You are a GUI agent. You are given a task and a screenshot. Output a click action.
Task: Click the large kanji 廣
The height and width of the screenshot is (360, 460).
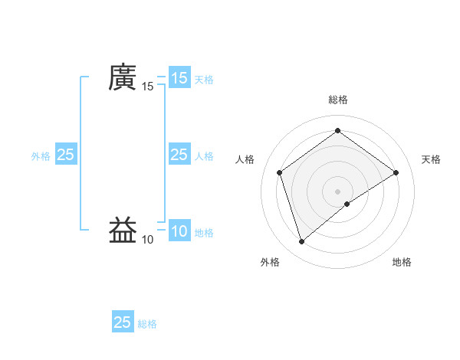[122, 77]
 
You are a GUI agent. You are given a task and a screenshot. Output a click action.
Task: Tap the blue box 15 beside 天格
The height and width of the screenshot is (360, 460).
[179, 78]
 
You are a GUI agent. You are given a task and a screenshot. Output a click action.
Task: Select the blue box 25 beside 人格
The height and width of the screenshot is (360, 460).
[179, 155]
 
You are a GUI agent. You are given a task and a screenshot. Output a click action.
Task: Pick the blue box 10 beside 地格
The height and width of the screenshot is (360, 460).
[179, 231]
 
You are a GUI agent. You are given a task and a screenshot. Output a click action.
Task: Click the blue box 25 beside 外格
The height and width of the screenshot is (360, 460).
[65, 155]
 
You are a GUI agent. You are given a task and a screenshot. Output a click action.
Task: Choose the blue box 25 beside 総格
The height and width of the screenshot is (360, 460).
[123, 322]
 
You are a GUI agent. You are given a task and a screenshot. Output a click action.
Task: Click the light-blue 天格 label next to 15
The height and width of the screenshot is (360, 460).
[204, 79]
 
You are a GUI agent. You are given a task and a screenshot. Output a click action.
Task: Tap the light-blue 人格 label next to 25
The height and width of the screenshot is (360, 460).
[204, 155]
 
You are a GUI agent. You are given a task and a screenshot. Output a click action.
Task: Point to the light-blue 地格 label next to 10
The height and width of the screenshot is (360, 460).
[204, 232]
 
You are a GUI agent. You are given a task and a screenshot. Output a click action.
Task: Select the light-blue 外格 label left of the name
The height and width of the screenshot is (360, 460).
[41, 155]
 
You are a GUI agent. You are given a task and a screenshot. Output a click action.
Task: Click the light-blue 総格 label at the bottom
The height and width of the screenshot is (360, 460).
[147, 323]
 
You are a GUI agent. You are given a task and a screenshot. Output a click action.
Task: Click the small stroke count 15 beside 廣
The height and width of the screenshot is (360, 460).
[148, 87]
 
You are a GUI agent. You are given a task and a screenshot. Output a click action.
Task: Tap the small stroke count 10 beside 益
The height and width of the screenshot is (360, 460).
[148, 240]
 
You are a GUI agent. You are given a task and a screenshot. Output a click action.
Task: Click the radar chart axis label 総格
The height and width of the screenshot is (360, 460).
[337, 99]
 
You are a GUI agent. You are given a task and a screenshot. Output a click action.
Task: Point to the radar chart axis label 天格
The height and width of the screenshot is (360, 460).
[431, 159]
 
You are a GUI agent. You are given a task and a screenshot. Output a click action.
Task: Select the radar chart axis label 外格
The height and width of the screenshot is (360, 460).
[270, 262]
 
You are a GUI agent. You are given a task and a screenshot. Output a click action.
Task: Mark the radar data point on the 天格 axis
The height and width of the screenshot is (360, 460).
[396, 172]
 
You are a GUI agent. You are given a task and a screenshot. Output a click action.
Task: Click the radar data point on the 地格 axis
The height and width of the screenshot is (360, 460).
[347, 204]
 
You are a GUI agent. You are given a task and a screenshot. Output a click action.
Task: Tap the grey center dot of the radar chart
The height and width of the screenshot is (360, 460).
[337, 191]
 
